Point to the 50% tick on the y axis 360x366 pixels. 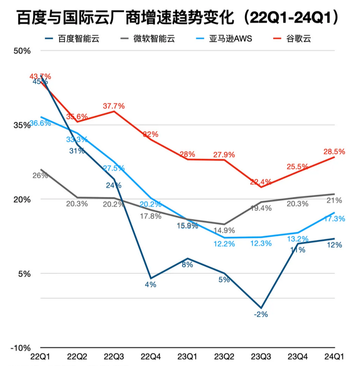(22, 51)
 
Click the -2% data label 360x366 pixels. (261, 315)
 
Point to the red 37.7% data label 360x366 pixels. (114, 106)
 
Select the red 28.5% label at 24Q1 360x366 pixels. (334, 151)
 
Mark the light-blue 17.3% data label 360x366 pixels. (334, 219)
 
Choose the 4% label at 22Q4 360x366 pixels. (151, 285)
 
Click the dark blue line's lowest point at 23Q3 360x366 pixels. (261, 308)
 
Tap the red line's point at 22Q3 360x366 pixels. (114, 111)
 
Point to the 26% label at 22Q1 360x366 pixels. (40, 176)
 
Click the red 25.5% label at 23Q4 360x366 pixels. (297, 167)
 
